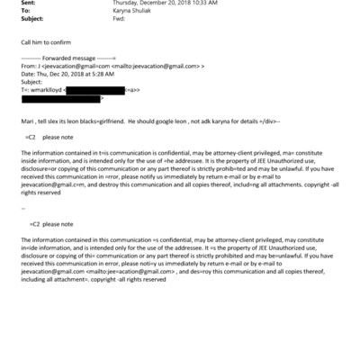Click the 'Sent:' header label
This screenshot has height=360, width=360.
pyautogui.click(x=26, y=4)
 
